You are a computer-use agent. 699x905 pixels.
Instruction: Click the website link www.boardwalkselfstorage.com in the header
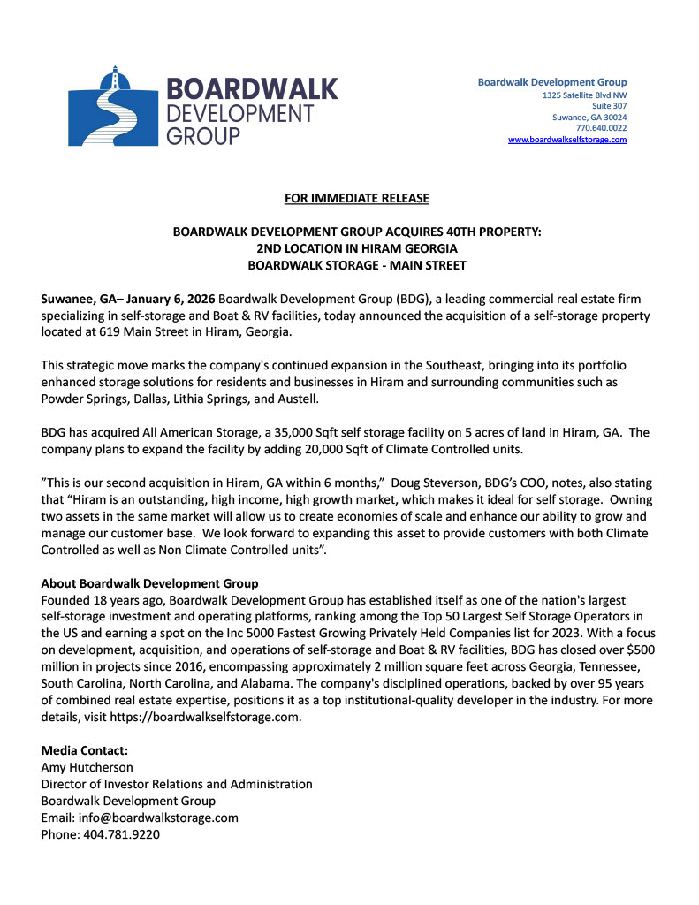pyautogui.click(x=567, y=140)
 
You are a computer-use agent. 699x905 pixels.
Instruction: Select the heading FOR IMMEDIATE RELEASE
pyautogui.click(x=357, y=198)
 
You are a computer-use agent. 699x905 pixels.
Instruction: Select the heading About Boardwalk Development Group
pyautogui.click(x=149, y=583)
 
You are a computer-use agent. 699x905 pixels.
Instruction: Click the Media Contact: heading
pyautogui.click(x=84, y=750)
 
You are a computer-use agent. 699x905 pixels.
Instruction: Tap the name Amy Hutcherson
pyautogui.click(x=87, y=767)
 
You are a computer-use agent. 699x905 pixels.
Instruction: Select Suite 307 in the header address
pyautogui.click(x=609, y=105)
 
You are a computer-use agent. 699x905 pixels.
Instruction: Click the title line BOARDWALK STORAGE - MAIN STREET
pyautogui.click(x=357, y=264)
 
